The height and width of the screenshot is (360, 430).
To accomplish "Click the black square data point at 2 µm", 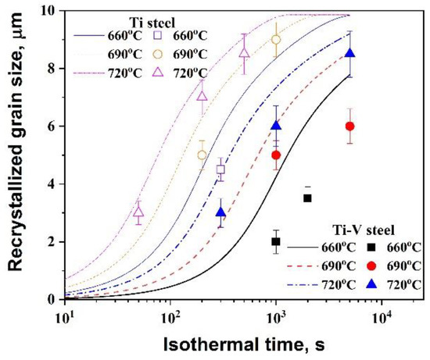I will [x=275, y=242].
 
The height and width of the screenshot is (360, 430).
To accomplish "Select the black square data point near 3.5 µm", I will [x=307, y=198].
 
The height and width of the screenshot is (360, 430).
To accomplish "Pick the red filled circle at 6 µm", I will [x=349, y=127].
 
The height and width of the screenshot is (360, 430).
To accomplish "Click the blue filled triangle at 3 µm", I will [x=221, y=212].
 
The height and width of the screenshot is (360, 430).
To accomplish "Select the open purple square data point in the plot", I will [x=220, y=169].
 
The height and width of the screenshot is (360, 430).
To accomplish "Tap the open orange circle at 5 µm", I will [x=202, y=155].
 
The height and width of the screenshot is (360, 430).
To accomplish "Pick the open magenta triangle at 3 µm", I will [x=138, y=211].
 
